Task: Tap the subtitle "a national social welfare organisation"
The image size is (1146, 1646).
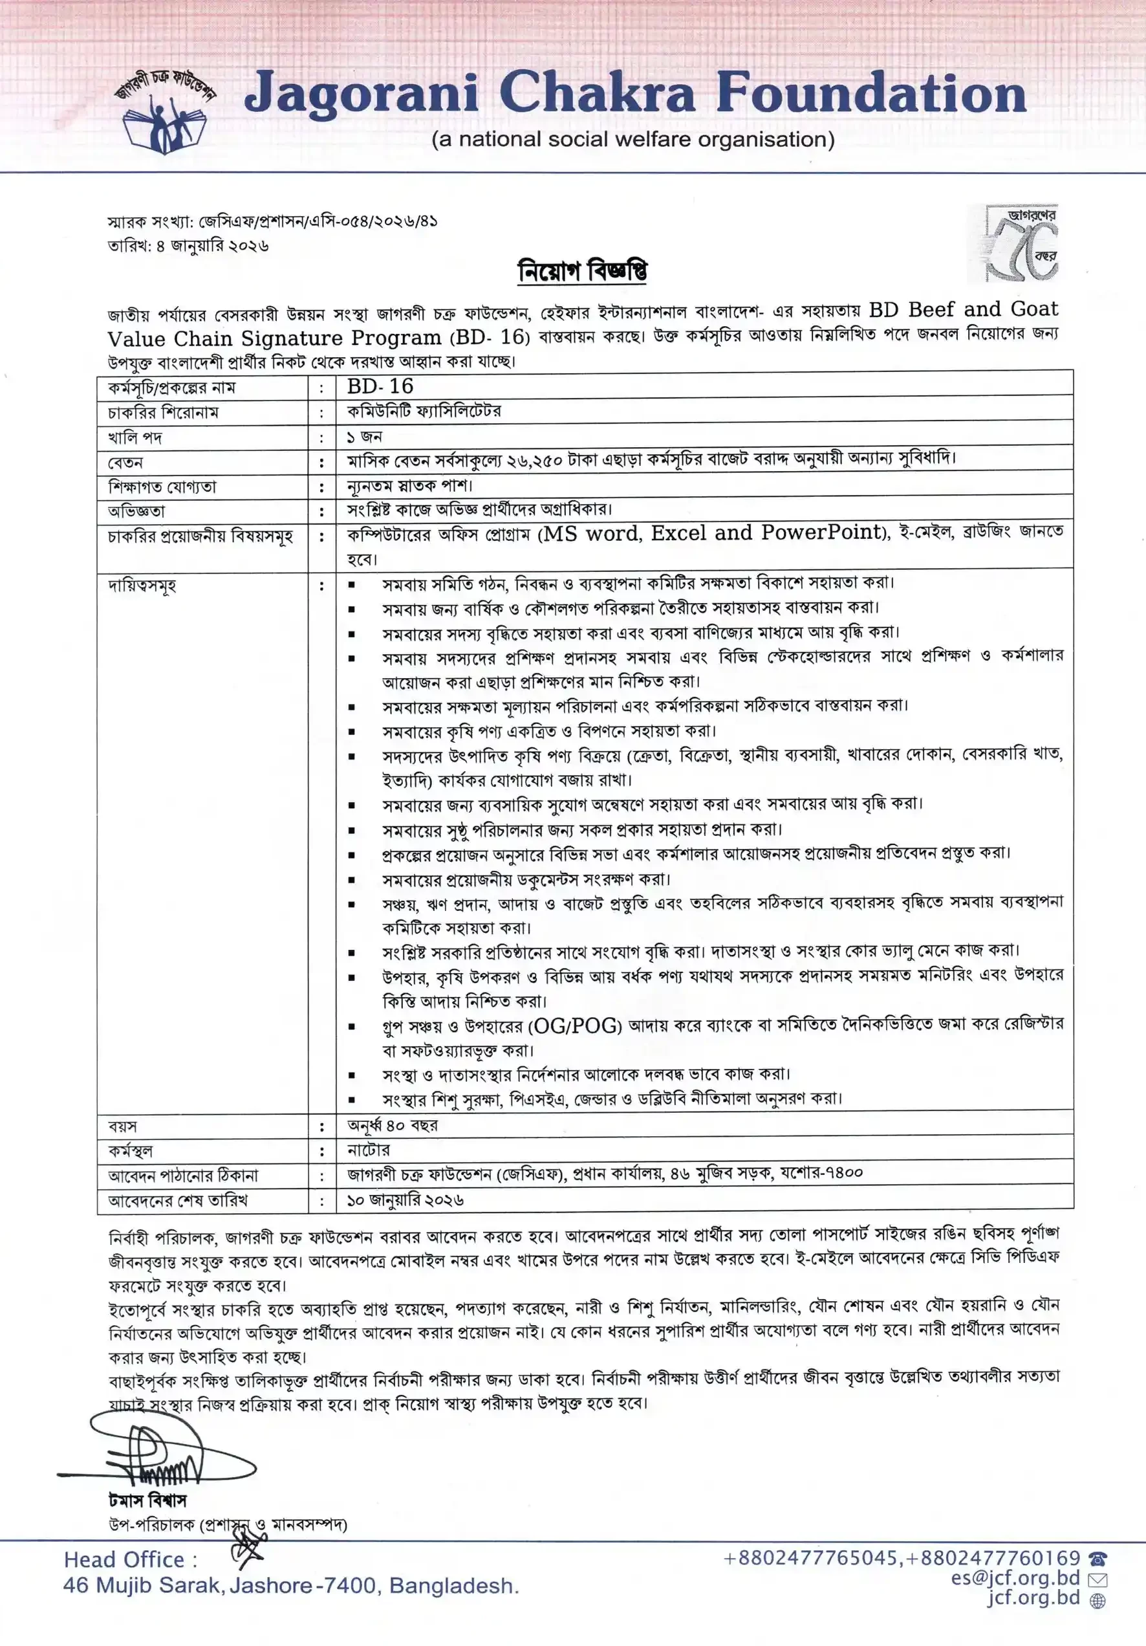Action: click(633, 139)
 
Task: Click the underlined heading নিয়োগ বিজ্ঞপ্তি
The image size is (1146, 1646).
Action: click(582, 271)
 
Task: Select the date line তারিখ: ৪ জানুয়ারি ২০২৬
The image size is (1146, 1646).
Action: click(188, 246)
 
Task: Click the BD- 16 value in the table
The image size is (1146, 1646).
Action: click(380, 386)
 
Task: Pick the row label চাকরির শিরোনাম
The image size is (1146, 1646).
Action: click(164, 412)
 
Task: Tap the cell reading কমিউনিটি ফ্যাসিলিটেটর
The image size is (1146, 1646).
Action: click(424, 411)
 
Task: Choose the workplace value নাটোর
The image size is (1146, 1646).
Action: click(369, 1150)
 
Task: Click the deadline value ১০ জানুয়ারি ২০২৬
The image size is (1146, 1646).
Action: click(405, 1200)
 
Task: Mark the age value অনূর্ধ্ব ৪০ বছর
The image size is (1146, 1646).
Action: click(392, 1125)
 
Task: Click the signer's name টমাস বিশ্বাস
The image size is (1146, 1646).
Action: click(147, 1500)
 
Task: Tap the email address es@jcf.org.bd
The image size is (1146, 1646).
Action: click(1015, 1578)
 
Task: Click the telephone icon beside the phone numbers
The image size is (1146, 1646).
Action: click(1097, 1559)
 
